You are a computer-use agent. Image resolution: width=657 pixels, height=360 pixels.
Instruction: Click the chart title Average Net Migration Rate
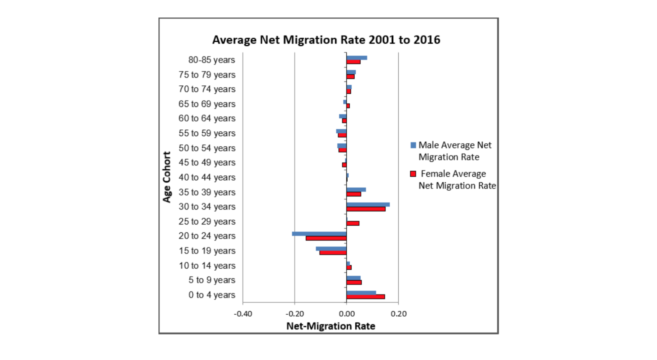pos(326,40)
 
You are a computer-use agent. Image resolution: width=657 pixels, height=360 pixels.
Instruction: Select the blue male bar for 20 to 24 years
pos(319,234)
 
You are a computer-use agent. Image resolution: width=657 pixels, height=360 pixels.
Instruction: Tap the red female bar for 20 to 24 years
pos(326,238)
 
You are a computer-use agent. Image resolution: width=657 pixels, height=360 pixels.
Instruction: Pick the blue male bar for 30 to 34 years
pos(368,204)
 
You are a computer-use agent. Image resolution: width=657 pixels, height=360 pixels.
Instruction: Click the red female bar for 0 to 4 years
pos(366,297)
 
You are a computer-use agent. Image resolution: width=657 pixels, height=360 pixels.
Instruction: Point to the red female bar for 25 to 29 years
pos(353,223)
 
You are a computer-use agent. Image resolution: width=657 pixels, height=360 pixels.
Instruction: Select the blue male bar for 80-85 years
pos(357,58)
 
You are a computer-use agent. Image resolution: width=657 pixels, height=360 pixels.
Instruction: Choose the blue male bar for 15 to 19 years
pos(331,248)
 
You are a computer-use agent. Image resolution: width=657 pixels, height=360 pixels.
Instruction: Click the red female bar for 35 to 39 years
pos(354,194)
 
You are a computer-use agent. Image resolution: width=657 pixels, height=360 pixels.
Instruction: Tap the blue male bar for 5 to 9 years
pos(353,278)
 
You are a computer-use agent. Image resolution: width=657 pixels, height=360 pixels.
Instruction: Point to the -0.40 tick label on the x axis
pos(243,314)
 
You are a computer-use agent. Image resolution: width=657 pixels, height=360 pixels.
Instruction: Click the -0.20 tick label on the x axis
pos(294,314)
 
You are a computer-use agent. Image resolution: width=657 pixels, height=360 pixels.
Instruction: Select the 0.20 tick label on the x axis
pos(399,314)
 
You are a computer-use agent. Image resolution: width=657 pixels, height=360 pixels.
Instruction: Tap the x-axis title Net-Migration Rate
pos(330,326)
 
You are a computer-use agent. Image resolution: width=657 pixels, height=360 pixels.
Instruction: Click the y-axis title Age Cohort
pos(167,177)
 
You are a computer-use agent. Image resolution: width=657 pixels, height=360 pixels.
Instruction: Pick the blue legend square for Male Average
pos(413,145)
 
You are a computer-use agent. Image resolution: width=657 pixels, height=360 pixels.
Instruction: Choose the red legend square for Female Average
pos(413,174)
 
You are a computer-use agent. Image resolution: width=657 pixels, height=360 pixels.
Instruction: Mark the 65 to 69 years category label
pos(207,104)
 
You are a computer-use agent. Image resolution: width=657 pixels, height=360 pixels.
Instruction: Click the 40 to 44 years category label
pos(207,177)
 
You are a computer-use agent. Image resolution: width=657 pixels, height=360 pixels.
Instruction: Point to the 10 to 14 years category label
pos(207,266)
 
